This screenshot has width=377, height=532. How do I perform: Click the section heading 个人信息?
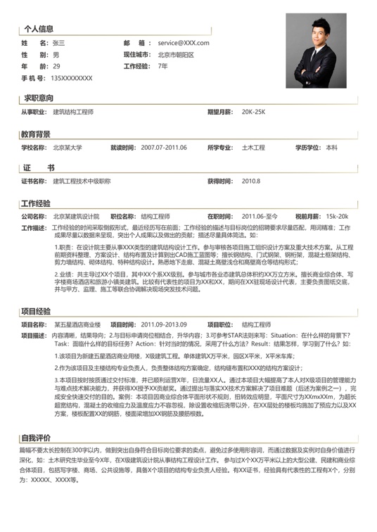click(x=39, y=29)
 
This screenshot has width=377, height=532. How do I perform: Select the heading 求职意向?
click(x=39, y=98)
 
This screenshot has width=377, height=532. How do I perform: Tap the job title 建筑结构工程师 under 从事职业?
click(x=73, y=112)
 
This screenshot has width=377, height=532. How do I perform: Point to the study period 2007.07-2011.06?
click(x=164, y=148)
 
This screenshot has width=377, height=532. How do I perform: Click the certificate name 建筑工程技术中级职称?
click(x=82, y=181)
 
